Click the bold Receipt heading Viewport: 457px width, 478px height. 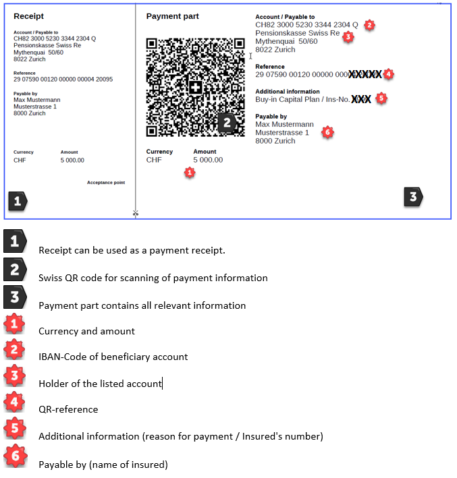[x=29, y=16]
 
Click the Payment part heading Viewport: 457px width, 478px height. [x=172, y=16]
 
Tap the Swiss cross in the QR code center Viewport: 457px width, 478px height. [x=196, y=88]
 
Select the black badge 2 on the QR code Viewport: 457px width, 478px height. [x=227, y=122]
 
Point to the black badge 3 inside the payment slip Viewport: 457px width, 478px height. [x=413, y=197]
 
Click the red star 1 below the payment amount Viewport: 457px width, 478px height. [x=190, y=173]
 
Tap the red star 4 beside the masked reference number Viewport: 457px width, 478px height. [x=387, y=73]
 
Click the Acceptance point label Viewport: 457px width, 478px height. [x=106, y=183]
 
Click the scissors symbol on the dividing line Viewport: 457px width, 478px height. [x=135, y=214]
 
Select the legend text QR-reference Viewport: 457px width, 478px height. [x=68, y=409]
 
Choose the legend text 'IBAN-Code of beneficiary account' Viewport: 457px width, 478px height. [x=113, y=357]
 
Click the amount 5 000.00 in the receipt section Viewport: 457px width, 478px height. [x=72, y=160]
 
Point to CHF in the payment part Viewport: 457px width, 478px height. [x=154, y=160]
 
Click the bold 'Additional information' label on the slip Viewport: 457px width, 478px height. [x=288, y=91]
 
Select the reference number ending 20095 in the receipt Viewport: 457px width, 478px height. [x=63, y=79]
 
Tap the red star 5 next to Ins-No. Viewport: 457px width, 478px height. [x=381, y=98]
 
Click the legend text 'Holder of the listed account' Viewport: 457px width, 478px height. [x=100, y=384]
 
